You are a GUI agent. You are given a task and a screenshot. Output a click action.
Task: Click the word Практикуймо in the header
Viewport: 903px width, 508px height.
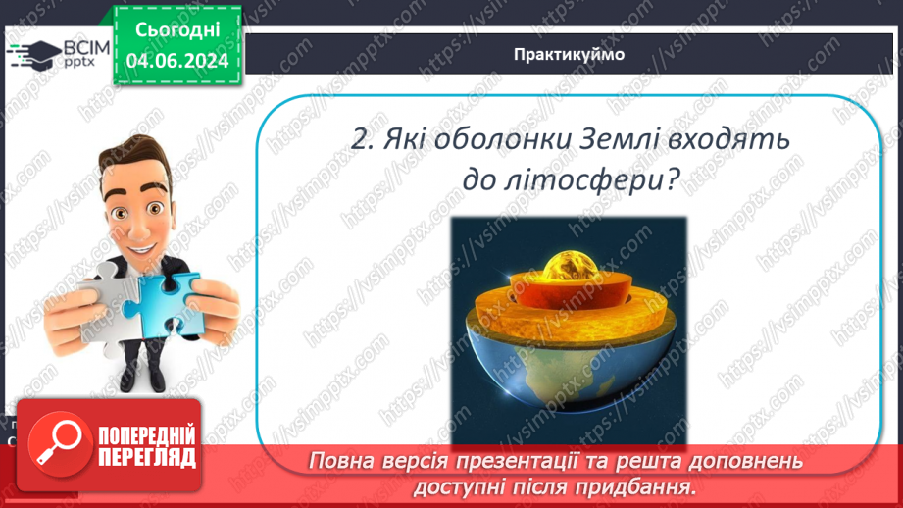click(x=568, y=55)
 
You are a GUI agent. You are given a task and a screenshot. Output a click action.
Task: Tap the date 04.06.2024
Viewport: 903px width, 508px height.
click(x=176, y=61)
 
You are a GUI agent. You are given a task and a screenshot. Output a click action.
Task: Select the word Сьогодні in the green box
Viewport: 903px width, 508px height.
click(x=176, y=32)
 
